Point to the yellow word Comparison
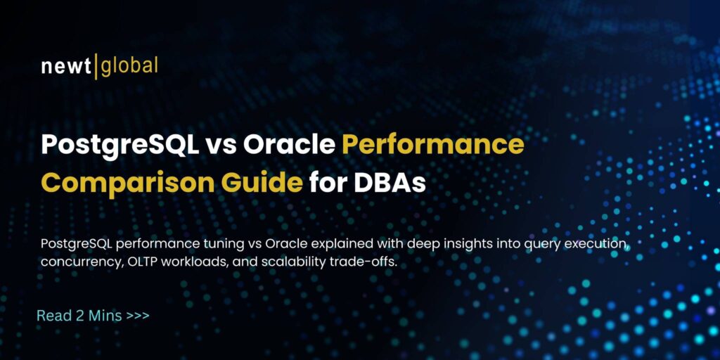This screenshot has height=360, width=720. click(x=110, y=184)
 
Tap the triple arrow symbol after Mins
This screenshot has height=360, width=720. click(x=138, y=316)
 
